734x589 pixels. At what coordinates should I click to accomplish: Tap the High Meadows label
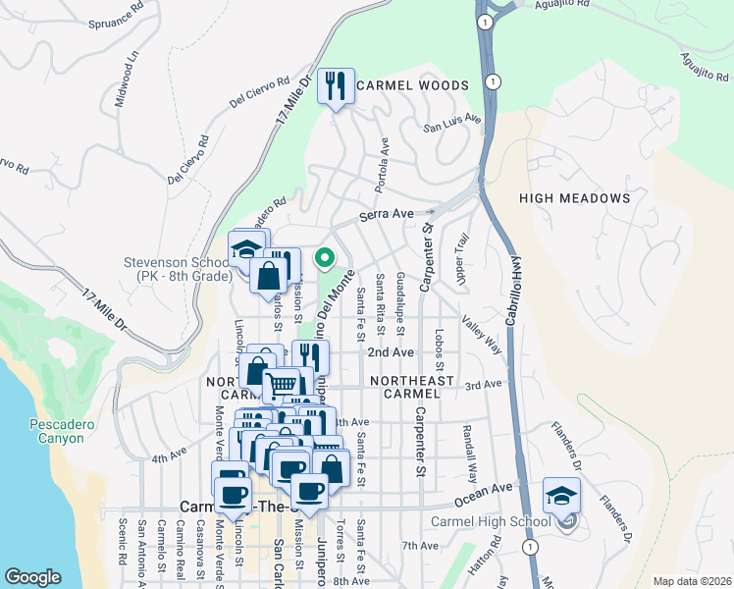pyautogui.click(x=574, y=198)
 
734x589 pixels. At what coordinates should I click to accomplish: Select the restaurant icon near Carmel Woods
pyautogui.click(x=336, y=86)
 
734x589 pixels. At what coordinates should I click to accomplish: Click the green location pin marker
pyautogui.click(x=325, y=258)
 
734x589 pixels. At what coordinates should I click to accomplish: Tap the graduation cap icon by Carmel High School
pyautogui.click(x=562, y=496)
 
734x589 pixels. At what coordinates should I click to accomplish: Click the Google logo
pyautogui.click(x=32, y=577)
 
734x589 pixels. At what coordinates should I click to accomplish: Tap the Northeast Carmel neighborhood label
pyautogui.click(x=411, y=381)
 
